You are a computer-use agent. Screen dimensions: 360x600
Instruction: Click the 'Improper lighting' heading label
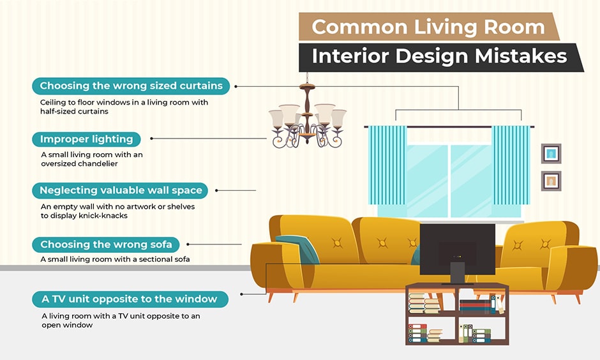coord(86,139)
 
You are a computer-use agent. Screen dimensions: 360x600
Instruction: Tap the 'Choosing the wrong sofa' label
coord(106,244)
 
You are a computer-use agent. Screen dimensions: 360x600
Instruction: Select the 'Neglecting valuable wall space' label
coord(121,190)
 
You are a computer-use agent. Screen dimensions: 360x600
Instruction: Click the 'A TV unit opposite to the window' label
coord(129,299)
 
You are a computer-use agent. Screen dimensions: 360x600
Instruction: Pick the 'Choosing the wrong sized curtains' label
coord(131,86)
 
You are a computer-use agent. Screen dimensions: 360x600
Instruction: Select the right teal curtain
coord(511,165)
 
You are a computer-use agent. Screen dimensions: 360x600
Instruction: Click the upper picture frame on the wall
coord(551,153)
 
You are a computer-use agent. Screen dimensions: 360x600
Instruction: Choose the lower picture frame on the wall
coord(551,181)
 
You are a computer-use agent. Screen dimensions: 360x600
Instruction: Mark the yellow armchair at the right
coord(543,255)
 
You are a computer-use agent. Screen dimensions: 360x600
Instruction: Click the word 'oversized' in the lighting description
coord(63,164)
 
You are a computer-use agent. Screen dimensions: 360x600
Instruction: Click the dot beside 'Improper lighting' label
coord(152,139)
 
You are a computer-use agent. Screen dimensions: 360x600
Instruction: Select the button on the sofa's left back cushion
coord(336,243)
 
